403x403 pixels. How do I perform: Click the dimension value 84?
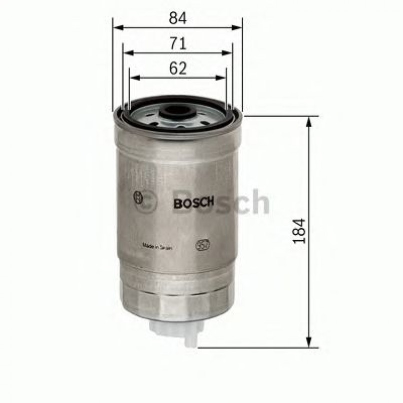(x=178, y=19)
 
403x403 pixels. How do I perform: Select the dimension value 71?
(x=178, y=44)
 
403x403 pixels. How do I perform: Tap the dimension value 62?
(x=178, y=69)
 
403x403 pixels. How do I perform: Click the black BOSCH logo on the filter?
(x=194, y=203)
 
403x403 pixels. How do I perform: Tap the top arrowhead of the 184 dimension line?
(x=311, y=121)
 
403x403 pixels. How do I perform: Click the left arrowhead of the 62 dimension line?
(x=134, y=78)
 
